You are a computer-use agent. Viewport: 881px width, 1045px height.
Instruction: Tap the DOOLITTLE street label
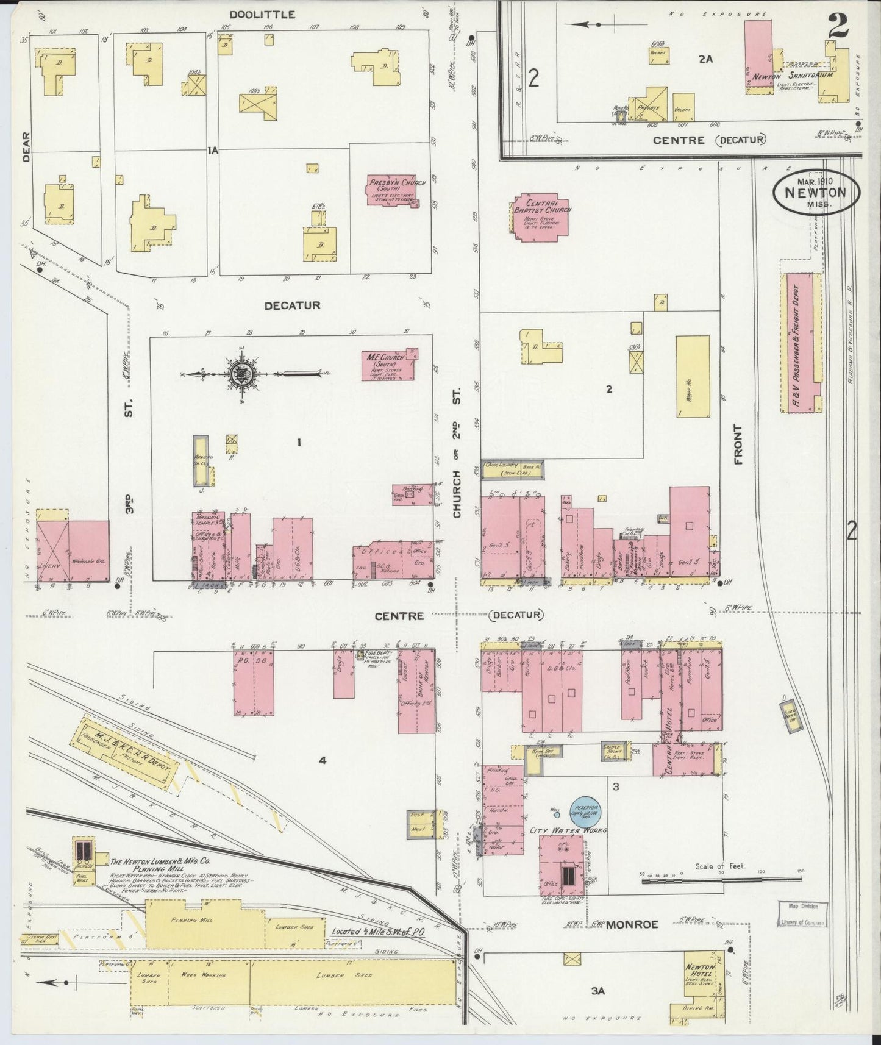[x=262, y=14]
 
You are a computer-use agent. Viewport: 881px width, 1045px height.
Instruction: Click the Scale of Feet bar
[x=719, y=879]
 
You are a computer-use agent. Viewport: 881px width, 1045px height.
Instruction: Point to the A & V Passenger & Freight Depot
[x=801, y=343]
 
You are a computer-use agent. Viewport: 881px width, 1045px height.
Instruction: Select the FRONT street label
[x=739, y=444]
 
